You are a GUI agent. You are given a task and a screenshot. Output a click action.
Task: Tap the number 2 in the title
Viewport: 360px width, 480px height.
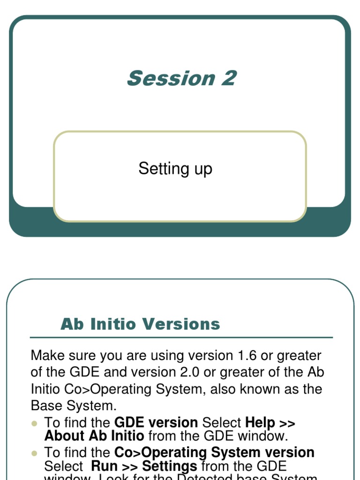229,78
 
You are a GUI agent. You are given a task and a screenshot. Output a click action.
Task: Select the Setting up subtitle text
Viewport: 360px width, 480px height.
175,168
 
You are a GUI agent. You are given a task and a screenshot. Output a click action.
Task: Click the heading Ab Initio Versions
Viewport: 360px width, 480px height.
140,324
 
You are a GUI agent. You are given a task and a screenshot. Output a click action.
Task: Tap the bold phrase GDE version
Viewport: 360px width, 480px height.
156,423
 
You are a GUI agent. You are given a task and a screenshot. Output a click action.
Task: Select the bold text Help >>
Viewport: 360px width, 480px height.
270,423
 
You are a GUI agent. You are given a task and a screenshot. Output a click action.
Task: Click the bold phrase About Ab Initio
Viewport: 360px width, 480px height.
94,436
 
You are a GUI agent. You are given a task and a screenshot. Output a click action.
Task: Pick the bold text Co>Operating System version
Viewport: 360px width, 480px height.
215,453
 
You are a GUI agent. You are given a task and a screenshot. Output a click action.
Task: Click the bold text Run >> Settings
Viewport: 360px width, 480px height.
144,466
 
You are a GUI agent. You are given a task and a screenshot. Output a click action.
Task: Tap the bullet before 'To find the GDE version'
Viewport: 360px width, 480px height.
34,423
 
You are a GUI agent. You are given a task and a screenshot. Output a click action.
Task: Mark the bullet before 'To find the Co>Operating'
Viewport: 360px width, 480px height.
34,453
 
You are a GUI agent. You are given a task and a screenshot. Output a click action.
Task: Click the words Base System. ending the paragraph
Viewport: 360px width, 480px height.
74,405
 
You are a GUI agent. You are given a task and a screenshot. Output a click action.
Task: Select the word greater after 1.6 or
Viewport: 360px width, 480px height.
299,356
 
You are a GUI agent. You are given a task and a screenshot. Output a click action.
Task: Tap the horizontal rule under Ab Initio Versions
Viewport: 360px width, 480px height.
181,337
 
